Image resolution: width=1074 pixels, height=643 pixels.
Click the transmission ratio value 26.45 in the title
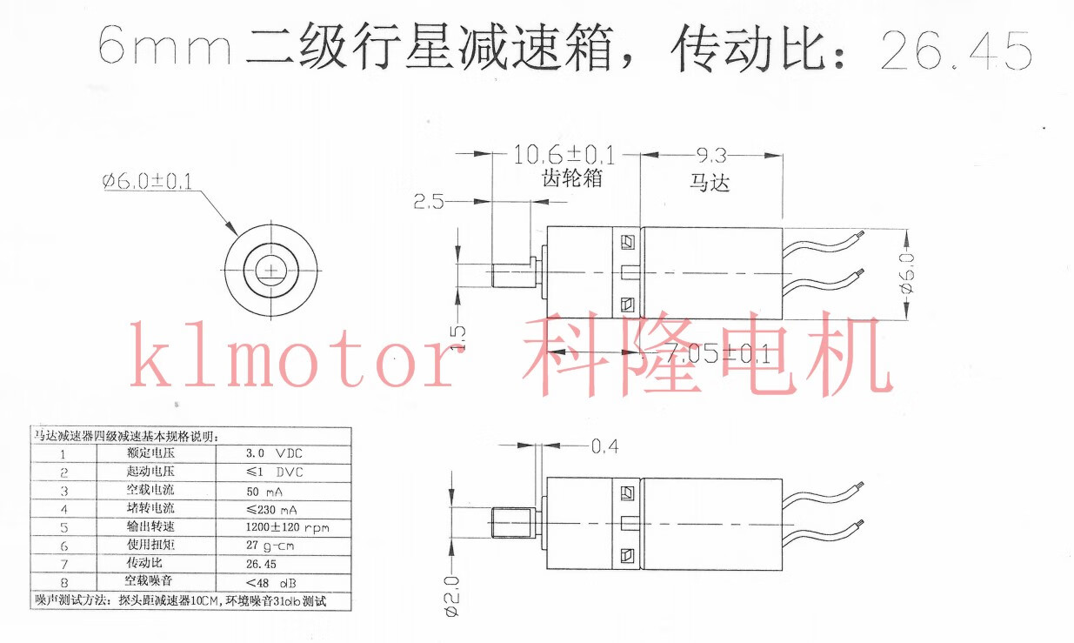tap(956, 50)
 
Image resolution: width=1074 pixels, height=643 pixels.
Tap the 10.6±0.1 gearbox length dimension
tap(564, 156)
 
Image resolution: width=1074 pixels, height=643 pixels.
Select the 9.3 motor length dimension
tap(710, 156)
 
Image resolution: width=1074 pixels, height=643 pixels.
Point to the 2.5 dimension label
tap(428, 202)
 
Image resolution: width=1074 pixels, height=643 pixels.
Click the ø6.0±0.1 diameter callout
tap(146, 181)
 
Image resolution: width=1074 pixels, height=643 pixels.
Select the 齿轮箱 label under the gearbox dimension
tap(567, 179)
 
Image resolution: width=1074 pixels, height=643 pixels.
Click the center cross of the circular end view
tap(271, 271)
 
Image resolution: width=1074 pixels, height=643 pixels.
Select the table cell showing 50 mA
tap(264, 491)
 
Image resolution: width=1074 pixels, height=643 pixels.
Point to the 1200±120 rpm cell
tap(286, 527)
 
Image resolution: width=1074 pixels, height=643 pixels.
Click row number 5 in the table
tap(63, 527)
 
